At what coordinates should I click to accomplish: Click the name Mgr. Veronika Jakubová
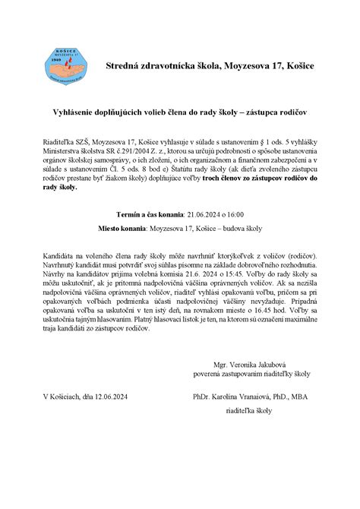coord(256,386)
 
